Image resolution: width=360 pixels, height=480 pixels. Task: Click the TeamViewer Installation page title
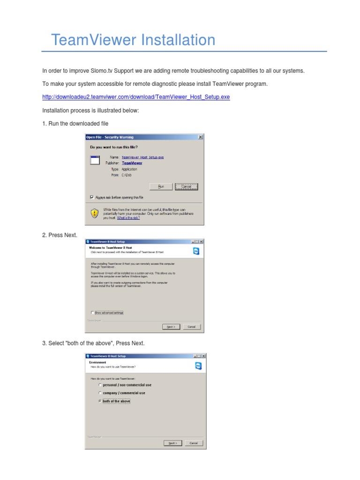click(133, 40)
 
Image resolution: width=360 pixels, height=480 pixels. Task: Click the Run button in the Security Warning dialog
click(161, 187)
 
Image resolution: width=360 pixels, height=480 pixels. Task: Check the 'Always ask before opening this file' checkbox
click(92, 197)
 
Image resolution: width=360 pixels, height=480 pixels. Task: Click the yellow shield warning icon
click(95, 213)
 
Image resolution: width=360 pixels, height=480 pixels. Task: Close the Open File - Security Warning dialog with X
click(201, 137)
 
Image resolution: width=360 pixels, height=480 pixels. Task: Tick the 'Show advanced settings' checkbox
click(92, 312)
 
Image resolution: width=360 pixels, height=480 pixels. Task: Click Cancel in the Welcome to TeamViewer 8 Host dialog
click(191, 327)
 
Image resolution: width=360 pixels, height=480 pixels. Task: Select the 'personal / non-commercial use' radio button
click(100, 385)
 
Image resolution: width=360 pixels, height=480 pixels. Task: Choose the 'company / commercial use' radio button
click(100, 393)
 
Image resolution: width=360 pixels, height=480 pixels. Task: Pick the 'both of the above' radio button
click(100, 401)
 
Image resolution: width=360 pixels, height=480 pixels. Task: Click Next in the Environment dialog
click(172, 442)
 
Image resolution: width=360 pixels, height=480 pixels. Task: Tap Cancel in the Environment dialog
click(193, 442)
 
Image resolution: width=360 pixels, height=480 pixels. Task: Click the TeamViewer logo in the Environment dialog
click(197, 365)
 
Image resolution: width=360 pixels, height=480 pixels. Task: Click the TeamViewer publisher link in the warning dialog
click(132, 163)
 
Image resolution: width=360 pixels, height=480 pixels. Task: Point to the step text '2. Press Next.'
click(60, 235)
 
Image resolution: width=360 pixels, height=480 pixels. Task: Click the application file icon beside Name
click(95, 160)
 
